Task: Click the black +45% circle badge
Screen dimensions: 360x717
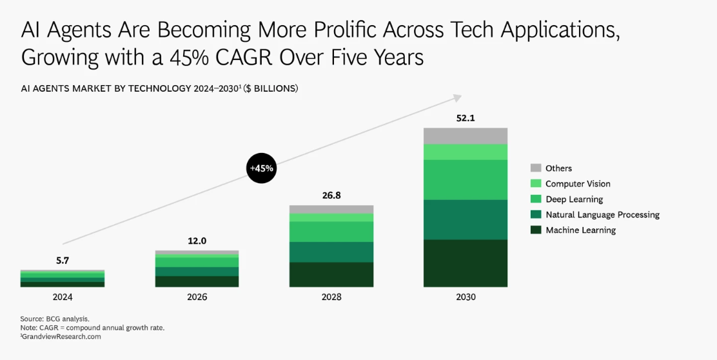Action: [261, 169]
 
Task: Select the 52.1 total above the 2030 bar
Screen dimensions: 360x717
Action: [465, 118]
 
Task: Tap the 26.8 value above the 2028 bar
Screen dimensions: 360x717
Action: [331, 195]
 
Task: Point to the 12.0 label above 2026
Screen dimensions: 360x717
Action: [197, 241]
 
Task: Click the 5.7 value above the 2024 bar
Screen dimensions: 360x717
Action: [63, 260]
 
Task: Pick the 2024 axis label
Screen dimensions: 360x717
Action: [63, 297]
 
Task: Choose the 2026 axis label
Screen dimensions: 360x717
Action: [197, 297]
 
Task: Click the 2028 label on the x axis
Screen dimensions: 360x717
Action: [331, 297]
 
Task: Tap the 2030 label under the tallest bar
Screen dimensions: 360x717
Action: [465, 297]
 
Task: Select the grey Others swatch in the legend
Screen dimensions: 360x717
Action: [535, 168]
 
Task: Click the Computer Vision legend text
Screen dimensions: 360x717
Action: [577, 184]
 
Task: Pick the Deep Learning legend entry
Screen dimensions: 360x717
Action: [574, 199]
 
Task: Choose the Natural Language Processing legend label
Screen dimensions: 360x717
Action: [602, 215]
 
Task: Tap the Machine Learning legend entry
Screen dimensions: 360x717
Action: [580, 230]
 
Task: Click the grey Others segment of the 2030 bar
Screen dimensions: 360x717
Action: [465, 135]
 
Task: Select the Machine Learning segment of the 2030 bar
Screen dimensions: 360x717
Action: [465, 263]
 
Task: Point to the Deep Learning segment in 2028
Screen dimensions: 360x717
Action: [331, 232]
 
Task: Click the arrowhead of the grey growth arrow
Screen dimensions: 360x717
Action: [457, 97]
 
